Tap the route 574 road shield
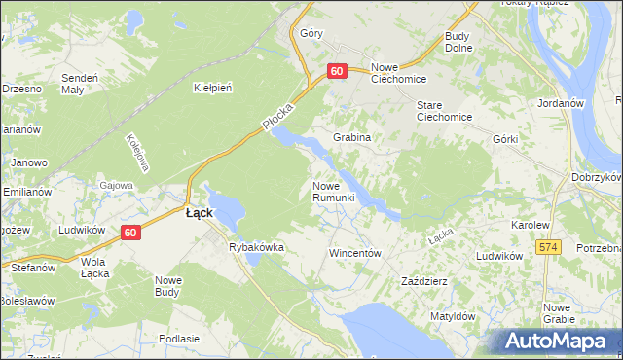pos(549,248)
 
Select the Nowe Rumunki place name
pos(339,192)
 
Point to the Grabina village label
pos(352,138)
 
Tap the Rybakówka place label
pos(256,247)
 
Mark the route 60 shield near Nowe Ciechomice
pos(337,71)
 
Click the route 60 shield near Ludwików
pos(131,233)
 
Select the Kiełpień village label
pos(212,88)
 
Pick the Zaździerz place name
pos(424,281)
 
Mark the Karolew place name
pos(531,225)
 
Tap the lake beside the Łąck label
pos(227,204)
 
